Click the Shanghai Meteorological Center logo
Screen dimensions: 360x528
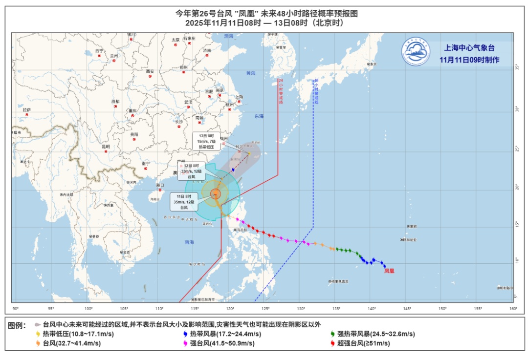click(416, 51)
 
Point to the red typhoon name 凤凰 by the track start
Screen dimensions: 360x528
click(389, 270)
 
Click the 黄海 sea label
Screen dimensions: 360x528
click(251, 73)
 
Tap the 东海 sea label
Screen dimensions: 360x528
click(259, 116)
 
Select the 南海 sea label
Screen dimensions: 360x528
click(189, 242)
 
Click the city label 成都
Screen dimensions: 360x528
click(115, 101)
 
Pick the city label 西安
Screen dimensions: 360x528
click(150, 72)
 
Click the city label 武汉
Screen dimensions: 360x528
click(188, 102)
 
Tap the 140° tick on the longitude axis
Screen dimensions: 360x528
click(372, 308)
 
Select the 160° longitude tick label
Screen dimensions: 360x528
click(513, 308)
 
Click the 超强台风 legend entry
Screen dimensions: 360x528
click(360, 343)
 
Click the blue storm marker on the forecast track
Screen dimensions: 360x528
click(233, 169)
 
